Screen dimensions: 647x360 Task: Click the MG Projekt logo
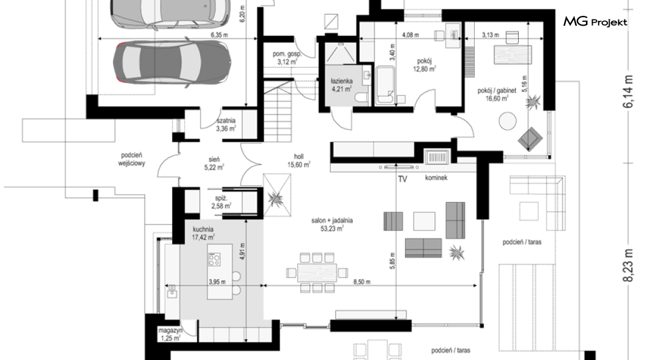click(x=595, y=21)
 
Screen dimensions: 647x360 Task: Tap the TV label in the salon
click(x=402, y=179)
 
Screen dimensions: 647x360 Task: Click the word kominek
click(x=436, y=178)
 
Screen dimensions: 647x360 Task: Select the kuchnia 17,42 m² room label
click(x=203, y=234)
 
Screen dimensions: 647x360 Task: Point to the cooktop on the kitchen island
click(x=214, y=259)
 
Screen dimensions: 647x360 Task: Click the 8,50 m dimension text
click(x=361, y=282)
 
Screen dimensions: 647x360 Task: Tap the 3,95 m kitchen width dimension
click(x=217, y=282)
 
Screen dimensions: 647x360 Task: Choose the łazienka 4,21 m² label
click(x=342, y=85)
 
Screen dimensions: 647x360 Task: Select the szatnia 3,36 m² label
click(x=226, y=124)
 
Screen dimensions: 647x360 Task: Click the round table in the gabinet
click(x=508, y=121)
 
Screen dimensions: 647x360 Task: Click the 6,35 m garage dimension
click(x=219, y=35)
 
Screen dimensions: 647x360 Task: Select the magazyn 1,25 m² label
click(x=170, y=334)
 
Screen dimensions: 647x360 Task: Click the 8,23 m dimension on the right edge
click(x=627, y=265)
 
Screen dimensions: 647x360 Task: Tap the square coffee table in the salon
click(x=424, y=221)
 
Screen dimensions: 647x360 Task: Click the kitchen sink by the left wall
click(x=172, y=291)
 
